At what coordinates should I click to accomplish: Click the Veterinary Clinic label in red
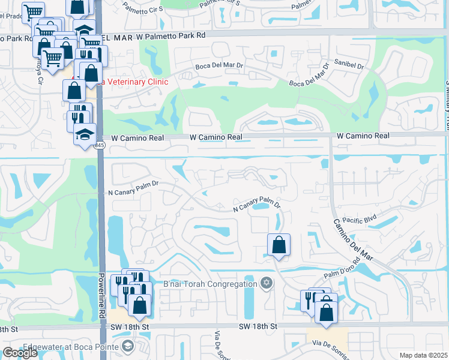(x=135, y=82)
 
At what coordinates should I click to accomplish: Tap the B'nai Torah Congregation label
(x=211, y=283)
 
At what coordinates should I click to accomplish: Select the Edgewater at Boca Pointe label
(x=71, y=346)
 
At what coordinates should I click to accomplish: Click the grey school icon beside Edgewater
(x=127, y=346)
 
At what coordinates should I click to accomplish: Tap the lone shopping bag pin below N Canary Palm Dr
(x=279, y=244)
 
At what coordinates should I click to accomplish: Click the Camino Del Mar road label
(x=354, y=239)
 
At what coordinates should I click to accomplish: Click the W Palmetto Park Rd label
(x=170, y=35)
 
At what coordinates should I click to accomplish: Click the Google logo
(x=20, y=352)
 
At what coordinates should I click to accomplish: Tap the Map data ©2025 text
(x=423, y=355)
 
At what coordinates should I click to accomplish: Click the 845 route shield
(x=99, y=145)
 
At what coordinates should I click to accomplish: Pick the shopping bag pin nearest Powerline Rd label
(x=139, y=305)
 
